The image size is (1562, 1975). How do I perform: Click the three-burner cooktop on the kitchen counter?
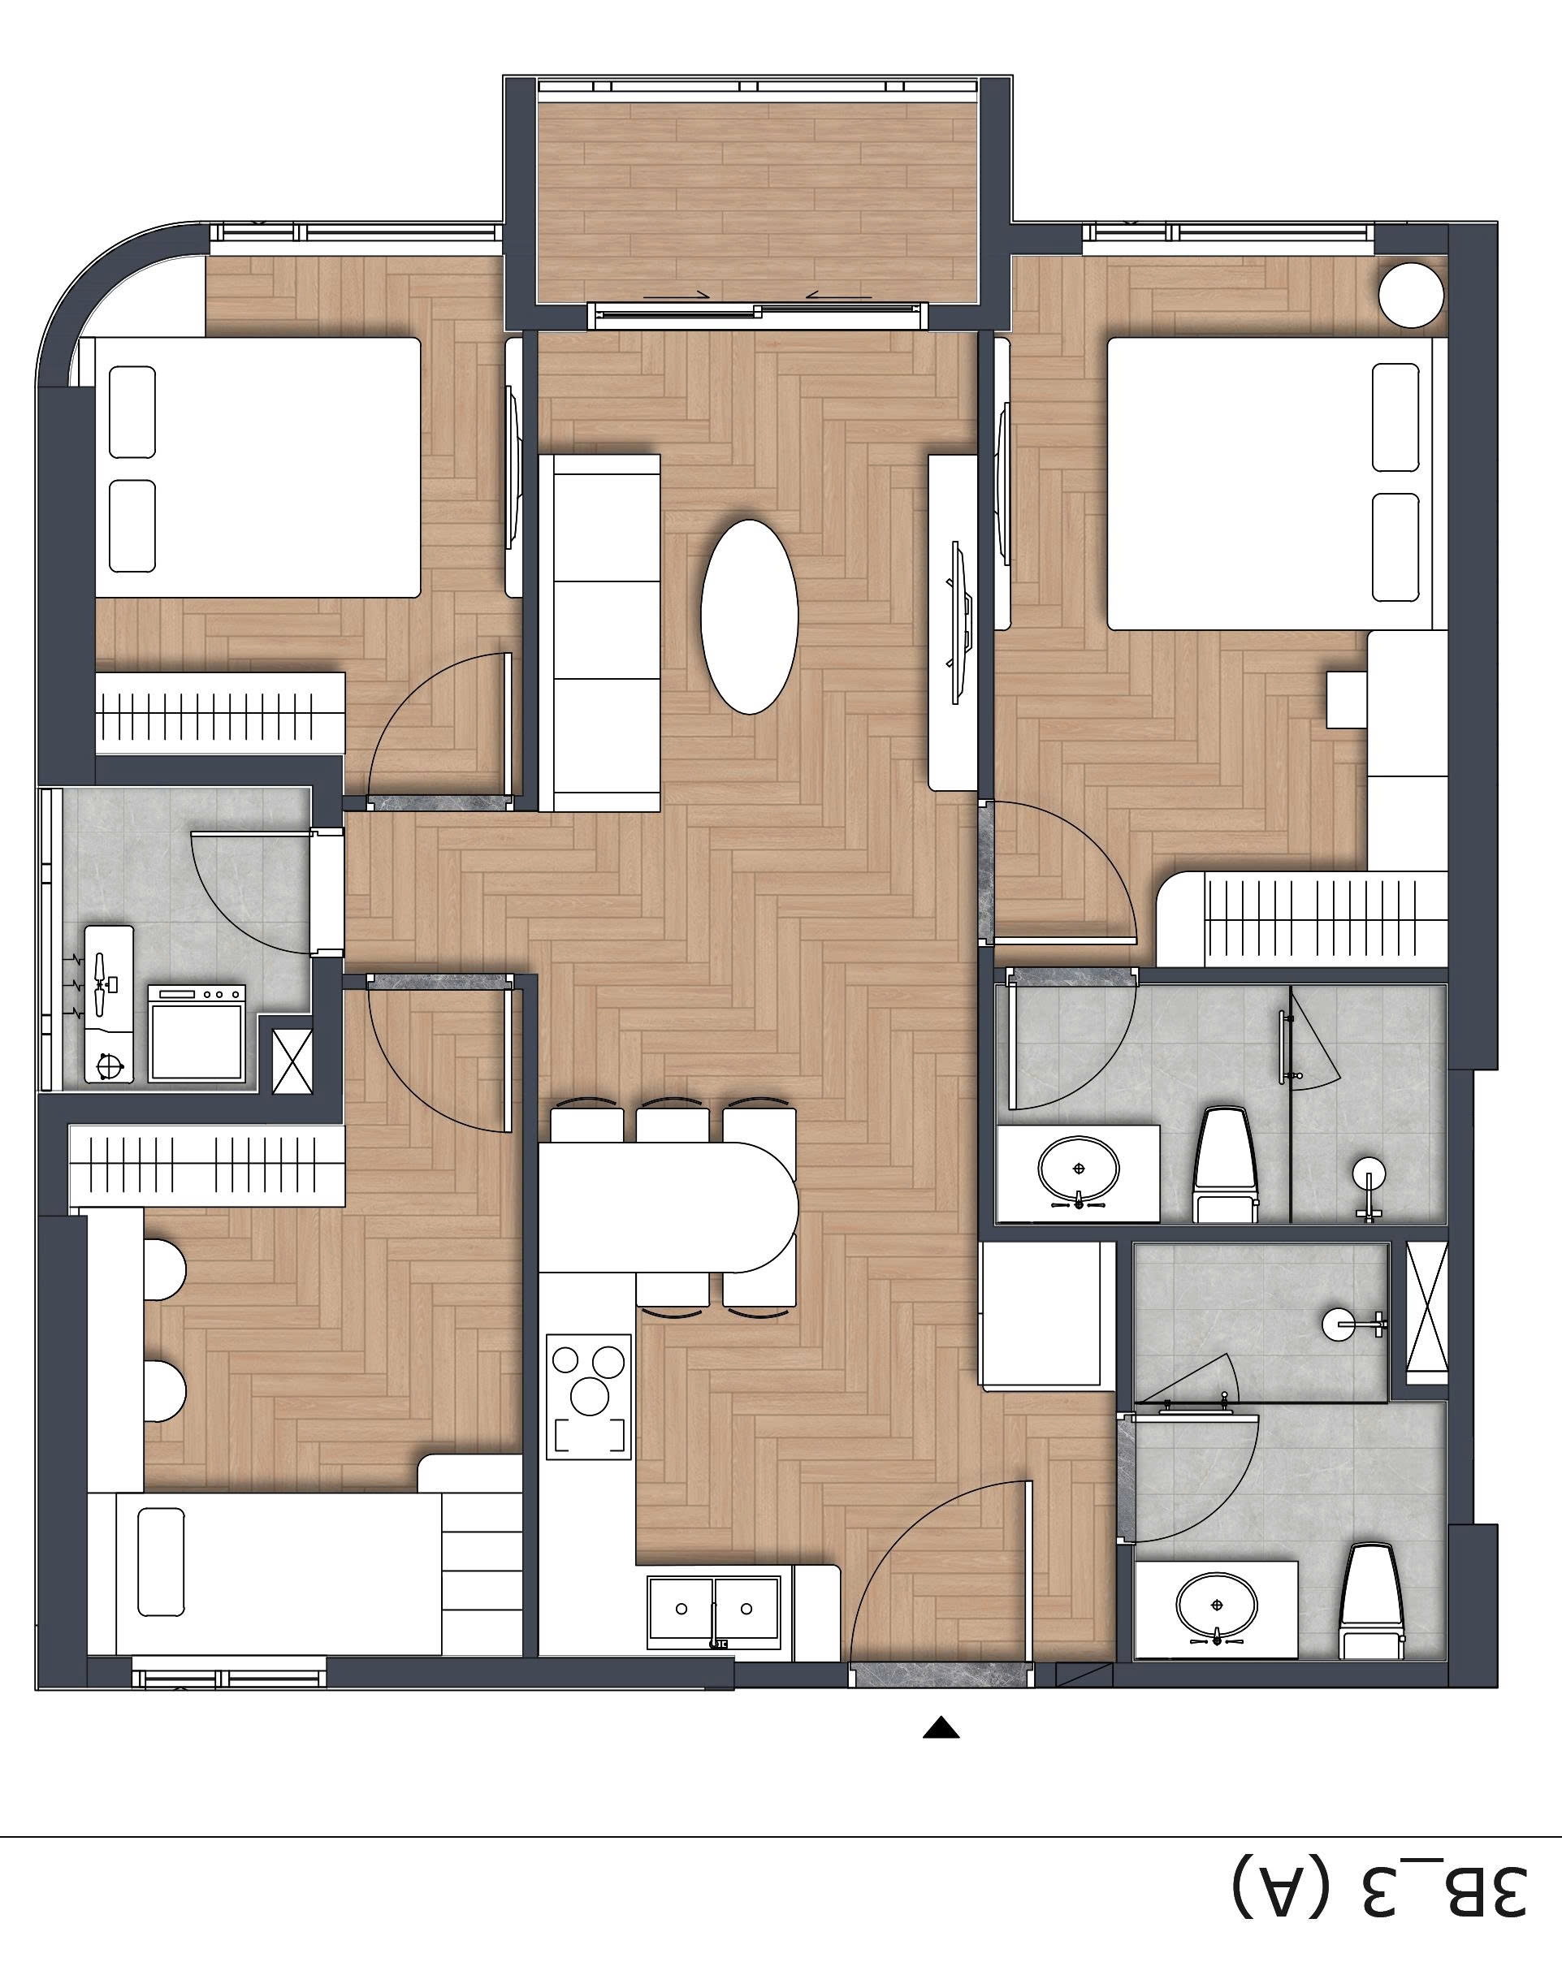click(x=589, y=1396)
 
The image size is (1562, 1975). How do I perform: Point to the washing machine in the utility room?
click(x=197, y=1031)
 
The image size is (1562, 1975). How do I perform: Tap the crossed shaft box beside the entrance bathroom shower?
click(x=1426, y=1314)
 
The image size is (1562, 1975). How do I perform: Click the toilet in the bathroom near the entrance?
click(x=1370, y=1600)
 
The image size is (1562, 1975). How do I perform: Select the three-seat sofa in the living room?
click(x=599, y=633)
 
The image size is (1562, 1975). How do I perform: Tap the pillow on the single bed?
click(x=161, y=1562)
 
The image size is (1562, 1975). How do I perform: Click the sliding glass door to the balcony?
click(x=757, y=313)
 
